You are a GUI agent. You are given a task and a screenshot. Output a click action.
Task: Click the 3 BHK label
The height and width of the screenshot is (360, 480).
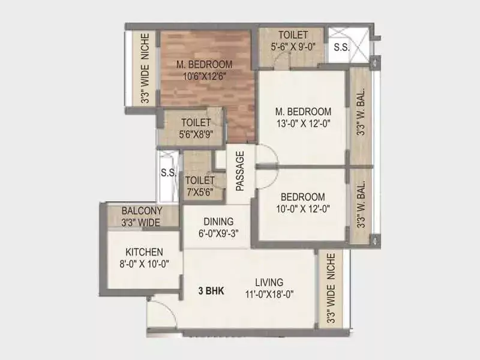coord(211,291)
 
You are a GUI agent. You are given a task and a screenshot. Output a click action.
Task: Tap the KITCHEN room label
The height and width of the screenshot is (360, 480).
coord(143,252)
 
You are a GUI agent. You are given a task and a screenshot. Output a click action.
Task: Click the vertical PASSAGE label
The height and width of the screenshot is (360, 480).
coord(240,171)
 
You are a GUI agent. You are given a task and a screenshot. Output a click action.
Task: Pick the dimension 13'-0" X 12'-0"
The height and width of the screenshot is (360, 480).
coord(303,124)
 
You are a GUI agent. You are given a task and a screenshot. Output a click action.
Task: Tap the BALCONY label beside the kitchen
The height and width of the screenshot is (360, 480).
coord(142,211)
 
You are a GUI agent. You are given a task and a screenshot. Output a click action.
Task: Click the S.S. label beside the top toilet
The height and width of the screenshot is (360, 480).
coord(342,47)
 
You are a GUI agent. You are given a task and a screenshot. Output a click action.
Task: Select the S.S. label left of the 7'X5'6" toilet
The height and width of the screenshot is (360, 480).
coord(168,174)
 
